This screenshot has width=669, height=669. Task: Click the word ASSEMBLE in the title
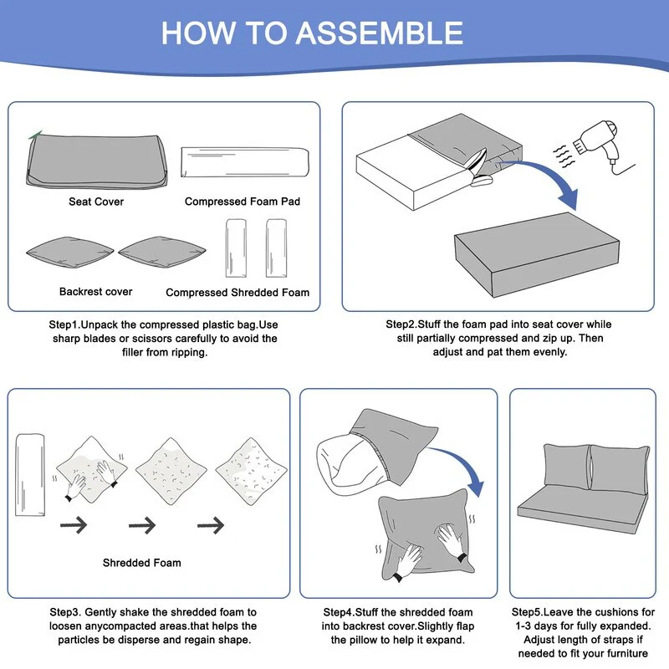point(380,33)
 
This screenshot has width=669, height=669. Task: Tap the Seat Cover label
point(96,202)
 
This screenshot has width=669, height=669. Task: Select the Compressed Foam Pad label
point(243,202)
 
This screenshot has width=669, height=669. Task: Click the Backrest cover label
point(95,291)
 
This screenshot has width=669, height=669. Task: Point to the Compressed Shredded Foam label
point(237,292)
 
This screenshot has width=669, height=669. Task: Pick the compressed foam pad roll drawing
point(245,162)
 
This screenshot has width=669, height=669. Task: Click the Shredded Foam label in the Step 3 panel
point(141,563)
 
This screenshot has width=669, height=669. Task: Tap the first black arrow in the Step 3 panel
point(74,525)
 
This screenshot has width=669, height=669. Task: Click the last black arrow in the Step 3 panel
point(211,525)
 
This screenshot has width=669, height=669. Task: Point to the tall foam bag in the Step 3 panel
point(30,475)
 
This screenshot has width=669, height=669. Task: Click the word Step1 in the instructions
point(64,324)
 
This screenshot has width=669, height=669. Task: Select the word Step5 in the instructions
point(528,612)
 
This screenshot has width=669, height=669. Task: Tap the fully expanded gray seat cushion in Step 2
point(537,254)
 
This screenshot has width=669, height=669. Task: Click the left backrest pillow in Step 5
point(566,467)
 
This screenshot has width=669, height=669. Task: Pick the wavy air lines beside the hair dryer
point(564,156)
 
